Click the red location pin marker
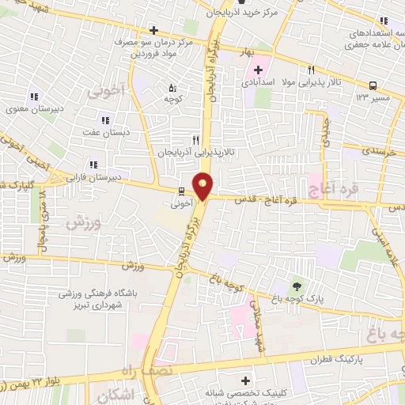coord(203,185)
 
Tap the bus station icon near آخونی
coord(181,191)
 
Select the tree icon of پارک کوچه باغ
coord(297,286)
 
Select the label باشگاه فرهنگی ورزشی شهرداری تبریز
coord(89,298)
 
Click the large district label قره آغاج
coord(345,187)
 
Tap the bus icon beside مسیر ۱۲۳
coord(372,85)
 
